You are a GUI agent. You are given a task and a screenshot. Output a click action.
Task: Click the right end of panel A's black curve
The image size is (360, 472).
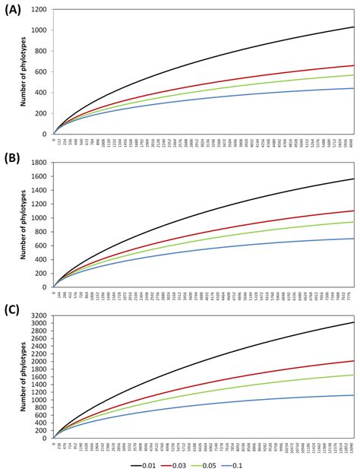click(353, 27)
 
